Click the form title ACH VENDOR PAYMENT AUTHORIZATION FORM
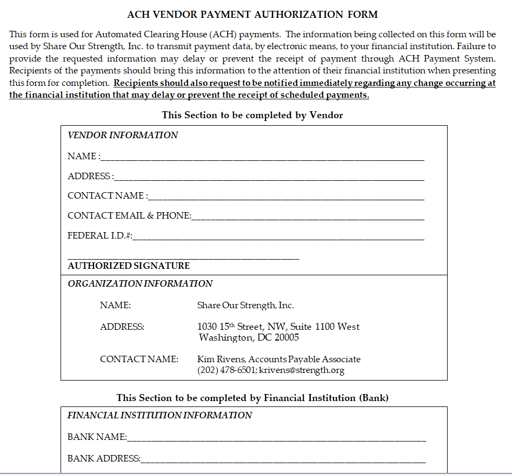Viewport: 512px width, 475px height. [x=252, y=15]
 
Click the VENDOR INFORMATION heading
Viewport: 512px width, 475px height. [x=123, y=135]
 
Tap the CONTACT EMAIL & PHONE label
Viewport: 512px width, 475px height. [x=129, y=215]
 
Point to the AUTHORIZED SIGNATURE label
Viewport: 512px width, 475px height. [x=129, y=266]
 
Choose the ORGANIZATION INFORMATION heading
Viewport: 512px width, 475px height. [x=140, y=283]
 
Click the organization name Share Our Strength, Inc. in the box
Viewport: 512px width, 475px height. [x=245, y=306]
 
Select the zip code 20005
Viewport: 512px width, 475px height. [x=287, y=338]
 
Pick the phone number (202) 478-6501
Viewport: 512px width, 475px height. [x=227, y=370]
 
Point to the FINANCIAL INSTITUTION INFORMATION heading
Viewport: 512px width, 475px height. [x=159, y=415]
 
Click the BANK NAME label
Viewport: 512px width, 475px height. [x=96, y=437]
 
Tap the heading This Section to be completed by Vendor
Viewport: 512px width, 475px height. [x=252, y=115]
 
